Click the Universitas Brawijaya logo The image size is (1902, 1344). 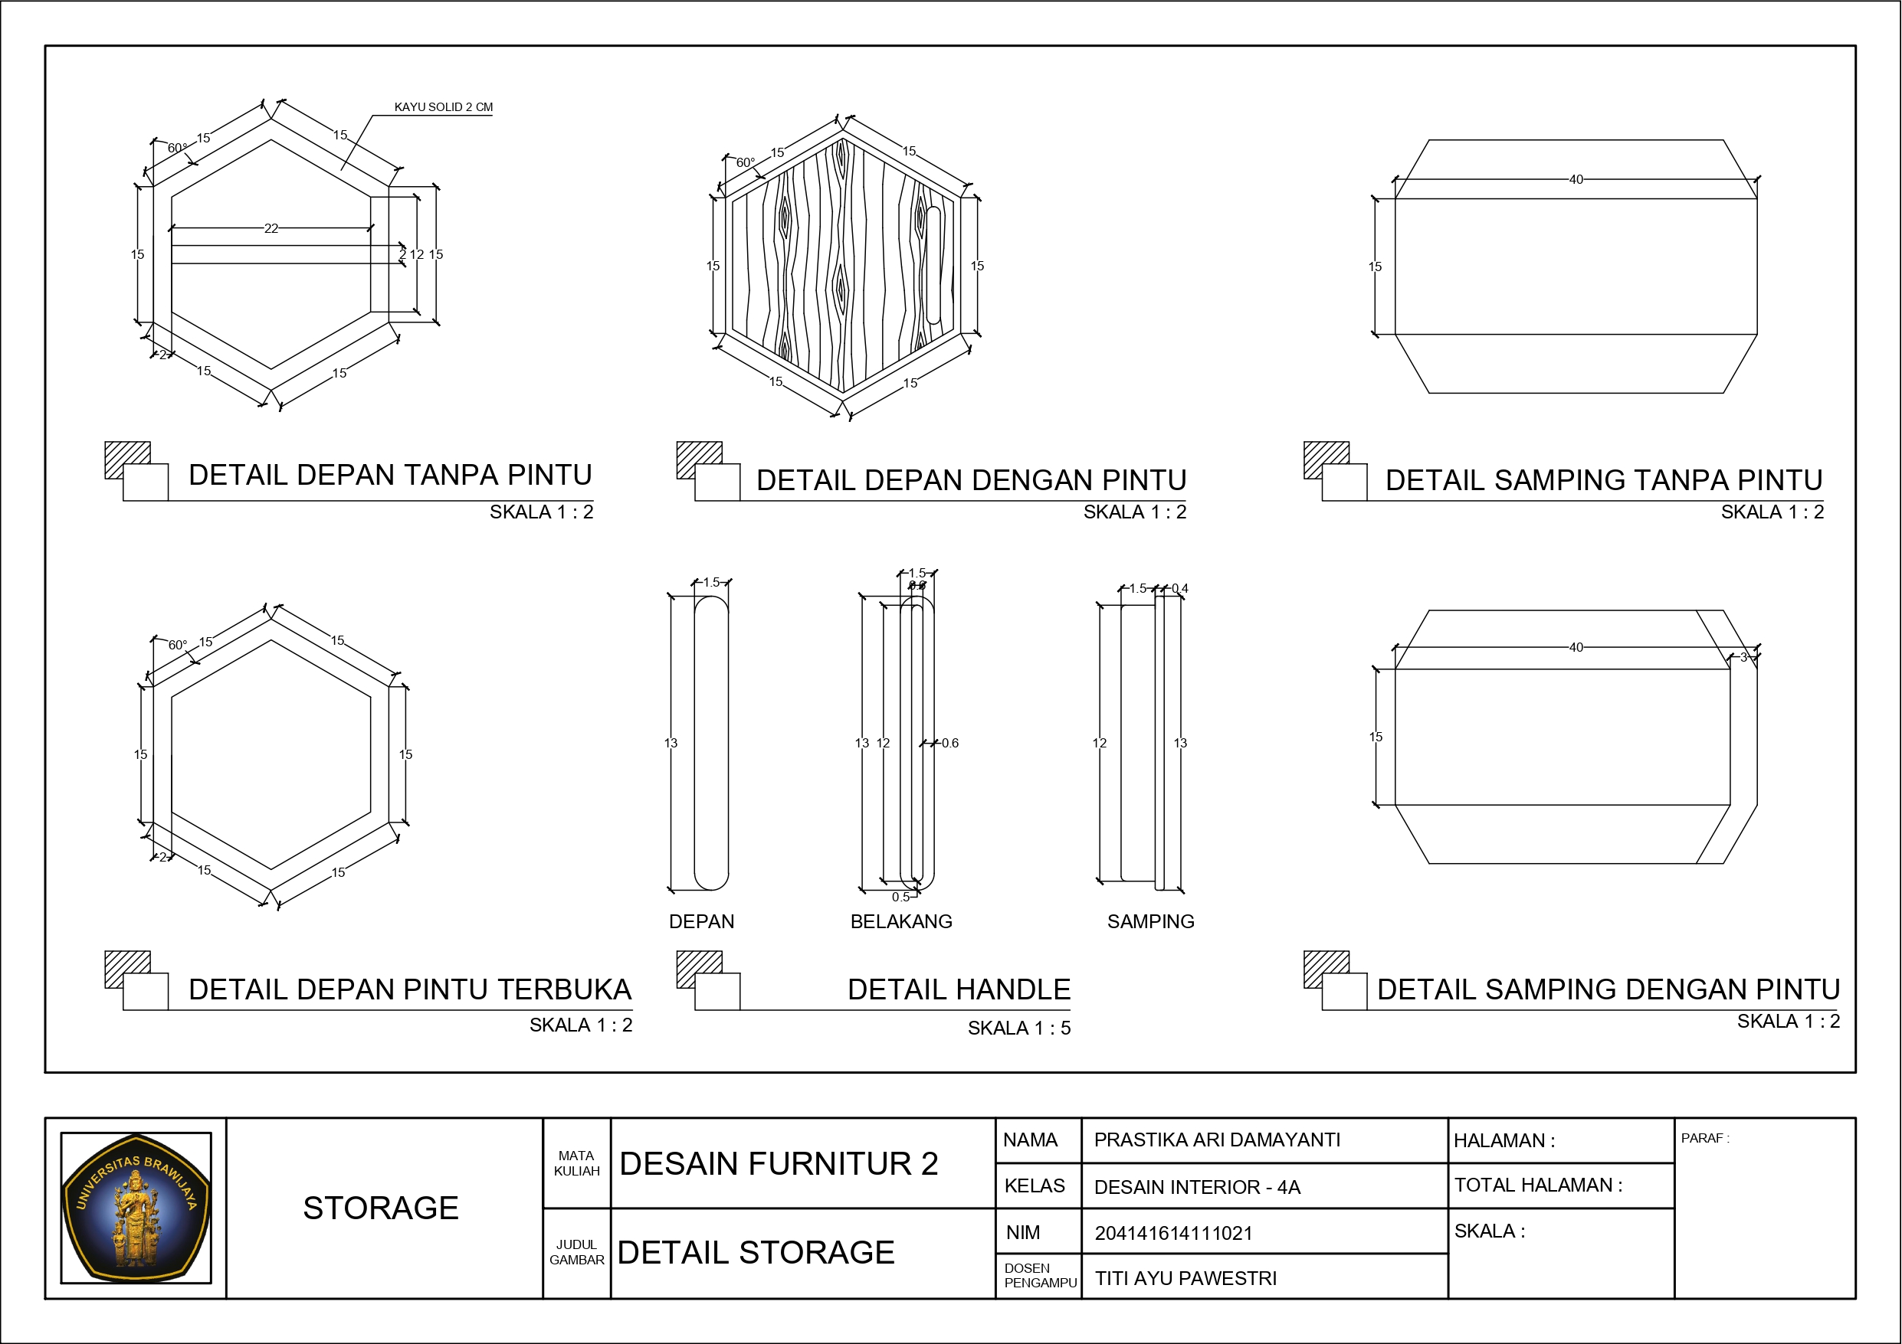click(x=136, y=1208)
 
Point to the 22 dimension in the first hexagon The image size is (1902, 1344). click(x=271, y=228)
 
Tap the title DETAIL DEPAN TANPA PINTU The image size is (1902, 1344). click(x=390, y=476)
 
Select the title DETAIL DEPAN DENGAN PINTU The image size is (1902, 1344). click(x=971, y=480)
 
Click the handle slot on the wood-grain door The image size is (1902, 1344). click(x=933, y=265)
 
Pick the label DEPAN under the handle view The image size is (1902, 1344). click(x=702, y=922)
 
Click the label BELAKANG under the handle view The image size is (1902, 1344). click(x=901, y=922)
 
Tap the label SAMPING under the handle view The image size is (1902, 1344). click(x=1151, y=922)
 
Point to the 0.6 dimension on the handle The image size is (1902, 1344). click(x=949, y=744)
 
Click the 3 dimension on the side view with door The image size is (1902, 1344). click(x=1743, y=658)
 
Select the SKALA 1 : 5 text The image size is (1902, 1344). click(x=1019, y=1028)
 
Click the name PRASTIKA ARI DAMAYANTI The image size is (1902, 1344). click(x=1217, y=1140)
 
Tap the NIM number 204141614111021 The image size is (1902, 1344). click(x=1173, y=1233)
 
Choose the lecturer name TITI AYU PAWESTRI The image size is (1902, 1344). click(x=1185, y=1279)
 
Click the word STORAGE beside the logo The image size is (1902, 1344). click(x=380, y=1208)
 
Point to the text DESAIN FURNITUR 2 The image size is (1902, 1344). click(x=778, y=1164)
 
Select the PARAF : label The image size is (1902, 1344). click(x=1705, y=1139)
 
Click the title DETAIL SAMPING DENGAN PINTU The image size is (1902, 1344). click(x=1608, y=989)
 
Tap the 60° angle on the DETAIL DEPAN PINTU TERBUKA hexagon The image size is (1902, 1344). click(x=178, y=645)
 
